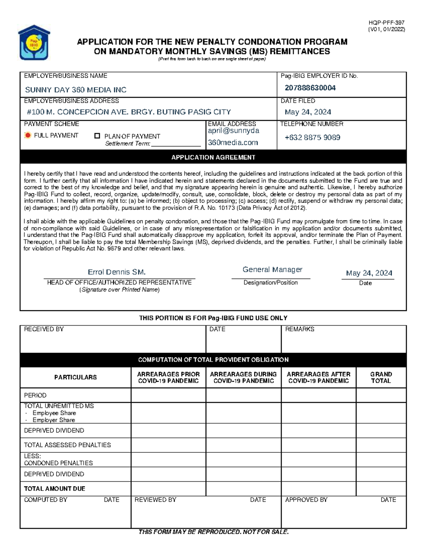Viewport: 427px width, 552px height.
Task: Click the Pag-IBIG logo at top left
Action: (34, 42)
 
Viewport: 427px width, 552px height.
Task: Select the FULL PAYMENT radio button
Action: (28, 135)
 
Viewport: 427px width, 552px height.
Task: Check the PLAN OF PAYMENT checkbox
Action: (97, 136)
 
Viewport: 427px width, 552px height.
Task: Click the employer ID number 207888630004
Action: (310, 88)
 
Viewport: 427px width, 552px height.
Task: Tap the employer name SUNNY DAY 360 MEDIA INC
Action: (75, 90)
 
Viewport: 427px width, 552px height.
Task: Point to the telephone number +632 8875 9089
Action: (312, 138)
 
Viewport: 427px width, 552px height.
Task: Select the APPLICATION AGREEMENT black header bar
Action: (213, 157)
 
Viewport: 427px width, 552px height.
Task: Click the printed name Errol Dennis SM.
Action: (117, 272)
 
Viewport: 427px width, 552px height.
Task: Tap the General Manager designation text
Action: (272, 269)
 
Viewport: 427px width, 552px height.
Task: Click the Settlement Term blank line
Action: (176, 144)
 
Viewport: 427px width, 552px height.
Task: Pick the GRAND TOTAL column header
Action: (381, 377)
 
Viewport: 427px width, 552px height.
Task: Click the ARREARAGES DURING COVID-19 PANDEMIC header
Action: (243, 377)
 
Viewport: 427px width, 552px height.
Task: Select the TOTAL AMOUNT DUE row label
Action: (54, 489)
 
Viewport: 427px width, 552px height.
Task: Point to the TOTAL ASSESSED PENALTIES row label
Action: (67, 445)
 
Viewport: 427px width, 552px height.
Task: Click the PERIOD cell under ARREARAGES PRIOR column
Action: (168, 395)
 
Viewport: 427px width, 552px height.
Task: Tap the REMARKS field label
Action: (300, 329)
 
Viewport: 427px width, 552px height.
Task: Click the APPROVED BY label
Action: (306, 500)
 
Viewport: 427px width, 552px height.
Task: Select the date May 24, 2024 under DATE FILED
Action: (308, 112)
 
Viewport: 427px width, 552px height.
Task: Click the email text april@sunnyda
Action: (233, 131)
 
